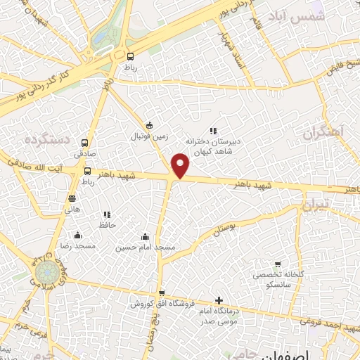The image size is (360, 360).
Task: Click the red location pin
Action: (x=181, y=166)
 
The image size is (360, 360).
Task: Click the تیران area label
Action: (x=315, y=206)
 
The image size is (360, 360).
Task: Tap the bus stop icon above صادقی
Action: (x=85, y=141)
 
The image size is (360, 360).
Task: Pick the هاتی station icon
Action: (x=72, y=198)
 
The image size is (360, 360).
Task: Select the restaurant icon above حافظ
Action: (x=107, y=214)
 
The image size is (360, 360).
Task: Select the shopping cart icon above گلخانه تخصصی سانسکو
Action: (x=278, y=263)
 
